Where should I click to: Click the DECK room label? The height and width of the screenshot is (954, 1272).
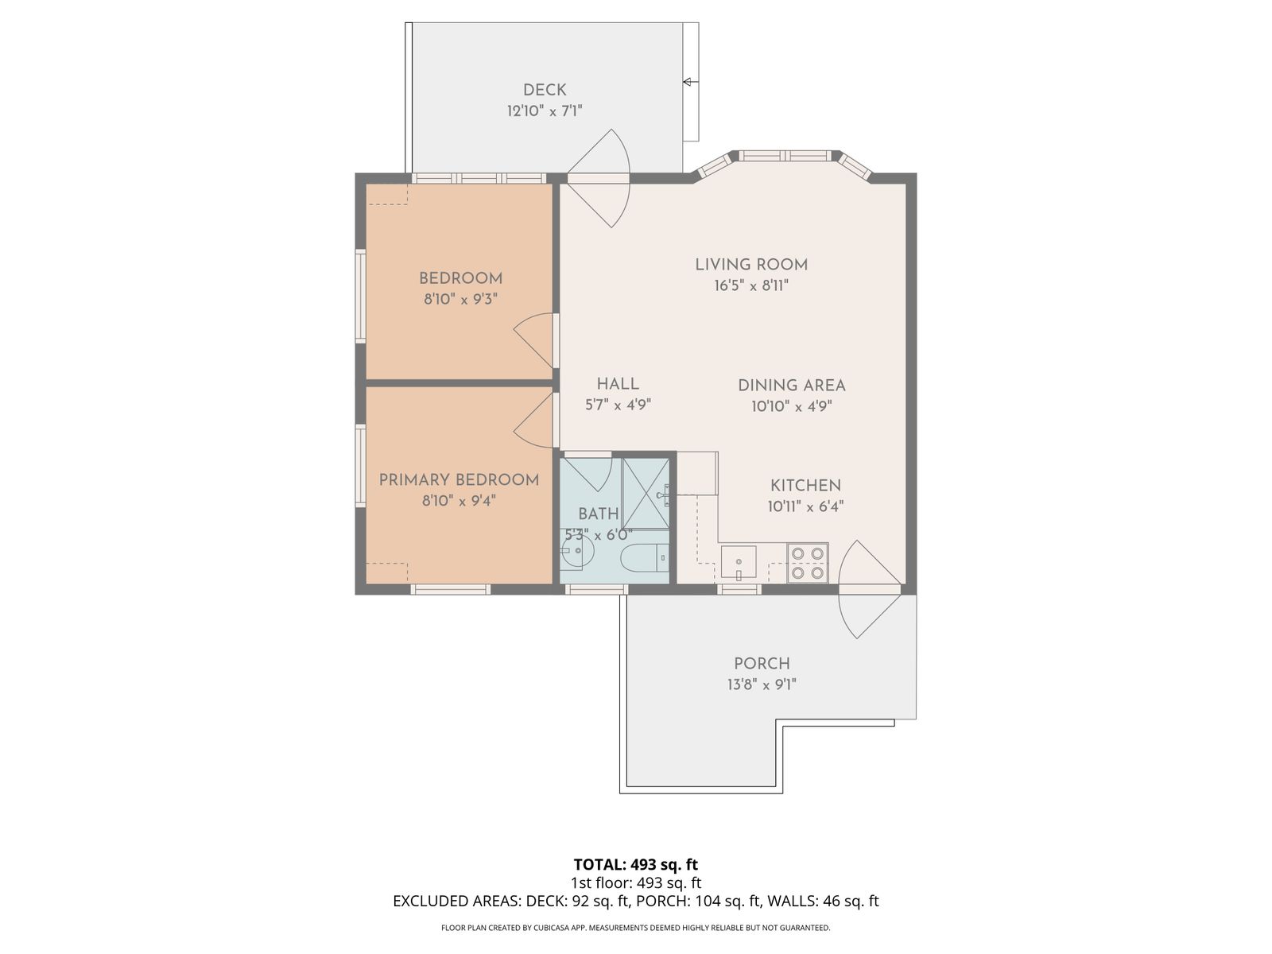(544, 90)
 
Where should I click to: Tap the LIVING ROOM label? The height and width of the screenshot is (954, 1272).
(751, 265)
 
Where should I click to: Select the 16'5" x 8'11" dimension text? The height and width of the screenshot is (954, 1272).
(751, 285)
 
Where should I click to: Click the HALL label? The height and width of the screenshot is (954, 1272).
(618, 383)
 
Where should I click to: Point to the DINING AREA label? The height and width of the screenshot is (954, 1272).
(792, 386)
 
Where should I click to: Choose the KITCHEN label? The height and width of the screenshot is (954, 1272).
(805, 486)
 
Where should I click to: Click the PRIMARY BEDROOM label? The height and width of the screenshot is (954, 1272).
(459, 479)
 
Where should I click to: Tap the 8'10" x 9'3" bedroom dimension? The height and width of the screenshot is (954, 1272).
(460, 300)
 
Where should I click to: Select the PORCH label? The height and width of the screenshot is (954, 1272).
(762, 664)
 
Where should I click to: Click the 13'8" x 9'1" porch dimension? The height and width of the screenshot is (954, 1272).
(762, 684)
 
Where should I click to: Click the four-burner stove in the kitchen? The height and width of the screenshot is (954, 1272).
(807, 563)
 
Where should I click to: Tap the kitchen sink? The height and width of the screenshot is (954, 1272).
(739, 562)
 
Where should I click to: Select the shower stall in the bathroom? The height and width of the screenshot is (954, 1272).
(646, 493)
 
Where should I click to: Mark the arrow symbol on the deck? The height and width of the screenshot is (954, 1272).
(690, 82)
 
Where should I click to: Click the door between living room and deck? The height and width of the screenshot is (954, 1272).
(598, 178)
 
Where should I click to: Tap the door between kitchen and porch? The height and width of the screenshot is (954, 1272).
(869, 589)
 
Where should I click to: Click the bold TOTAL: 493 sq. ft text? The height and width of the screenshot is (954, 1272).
(636, 865)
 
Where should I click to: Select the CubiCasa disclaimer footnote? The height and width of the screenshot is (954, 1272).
(636, 927)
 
